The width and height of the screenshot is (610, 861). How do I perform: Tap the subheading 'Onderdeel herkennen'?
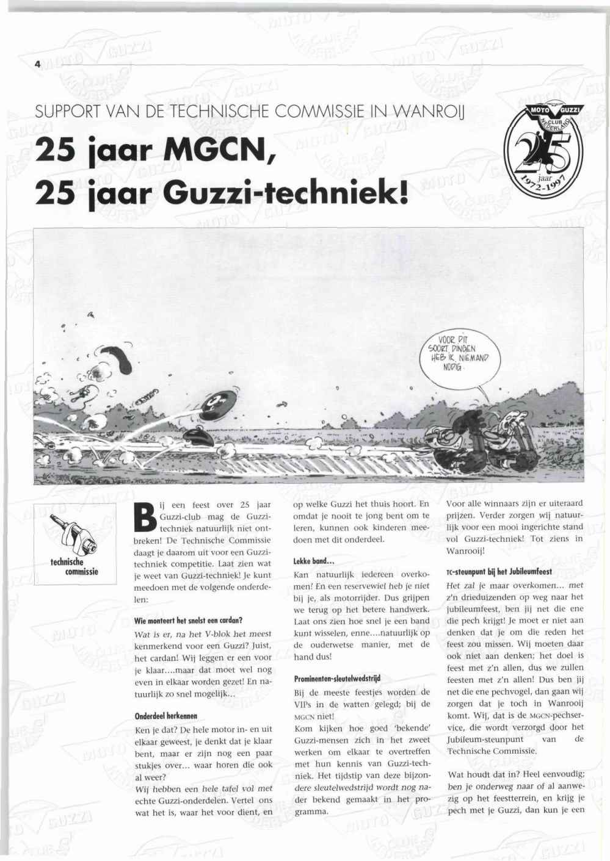[x=165, y=715]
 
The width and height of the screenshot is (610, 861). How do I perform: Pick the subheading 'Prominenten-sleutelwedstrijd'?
[x=337, y=678]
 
